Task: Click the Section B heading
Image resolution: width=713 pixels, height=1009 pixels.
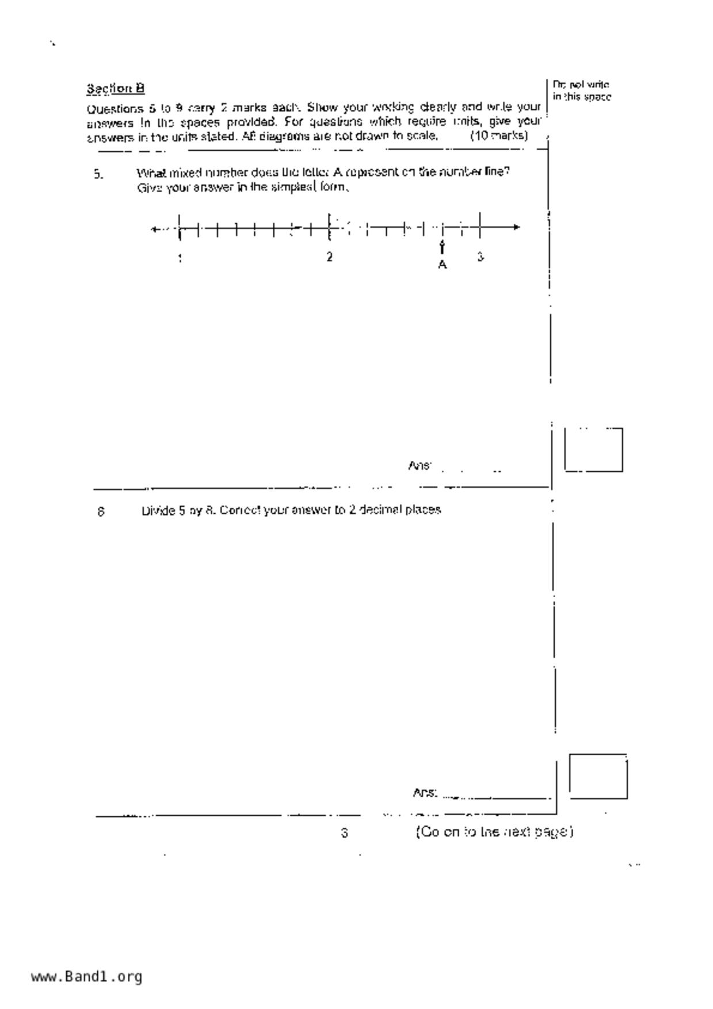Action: click(115, 89)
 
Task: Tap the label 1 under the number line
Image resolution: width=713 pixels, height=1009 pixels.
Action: click(180, 258)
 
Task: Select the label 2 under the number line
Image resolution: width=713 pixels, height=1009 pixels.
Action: click(329, 257)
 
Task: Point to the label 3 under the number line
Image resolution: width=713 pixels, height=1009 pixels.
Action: click(480, 257)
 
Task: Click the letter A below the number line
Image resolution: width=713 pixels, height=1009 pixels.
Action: click(442, 265)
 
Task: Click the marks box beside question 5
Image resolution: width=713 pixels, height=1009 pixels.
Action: click(593, 450)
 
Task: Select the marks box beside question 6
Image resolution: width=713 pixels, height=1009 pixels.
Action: click(598, 776)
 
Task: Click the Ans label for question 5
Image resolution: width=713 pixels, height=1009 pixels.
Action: click(419, 465)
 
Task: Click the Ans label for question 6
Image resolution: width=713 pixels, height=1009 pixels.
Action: click(425, 793)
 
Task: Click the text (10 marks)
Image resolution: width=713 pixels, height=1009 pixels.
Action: click(498, 136)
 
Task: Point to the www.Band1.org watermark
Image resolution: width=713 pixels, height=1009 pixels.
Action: click(86, 977)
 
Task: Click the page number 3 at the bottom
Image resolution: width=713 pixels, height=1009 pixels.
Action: click(344, 832)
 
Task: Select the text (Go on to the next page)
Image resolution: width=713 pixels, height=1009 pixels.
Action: click(494, 832)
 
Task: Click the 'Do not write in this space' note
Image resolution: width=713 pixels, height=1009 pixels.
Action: click(581, 91)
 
